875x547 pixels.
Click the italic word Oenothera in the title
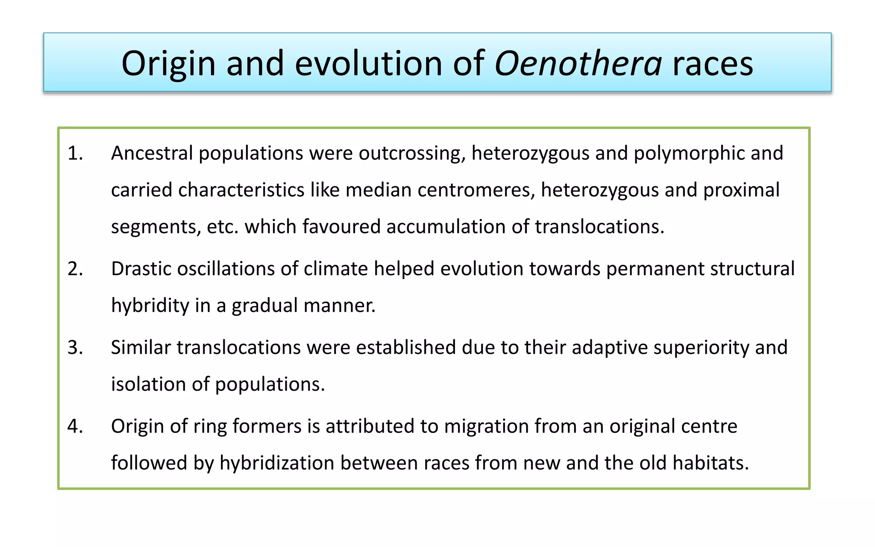pos(578,63)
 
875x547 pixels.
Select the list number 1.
pos(75,153)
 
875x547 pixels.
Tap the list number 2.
pos(75,269)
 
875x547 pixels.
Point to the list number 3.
pos(75,347)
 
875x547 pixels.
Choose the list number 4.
pos(75,426)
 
